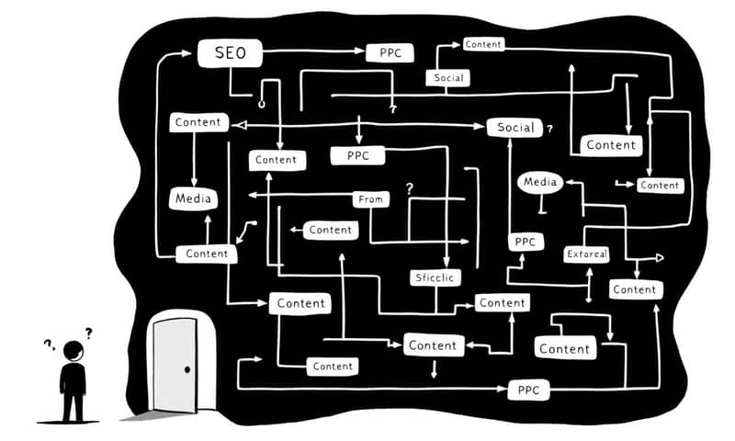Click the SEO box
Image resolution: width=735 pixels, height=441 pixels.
pos(230,53)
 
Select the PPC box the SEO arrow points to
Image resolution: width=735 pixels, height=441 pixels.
pos(390,52)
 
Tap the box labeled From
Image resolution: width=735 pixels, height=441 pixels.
pos(371,199)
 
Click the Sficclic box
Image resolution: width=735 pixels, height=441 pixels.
pos(435,277)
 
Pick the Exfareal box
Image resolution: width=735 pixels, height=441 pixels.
pos(587,254)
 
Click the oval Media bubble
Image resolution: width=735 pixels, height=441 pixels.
pos(538,182)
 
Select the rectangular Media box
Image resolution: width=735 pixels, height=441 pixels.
pos(194,198)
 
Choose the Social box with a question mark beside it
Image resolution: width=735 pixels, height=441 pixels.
pos(514,128)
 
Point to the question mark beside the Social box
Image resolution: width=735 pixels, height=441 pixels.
pos(549,130)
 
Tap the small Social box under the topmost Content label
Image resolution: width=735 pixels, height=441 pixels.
pos(449,78)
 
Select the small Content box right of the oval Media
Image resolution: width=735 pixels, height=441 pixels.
pos(659,185)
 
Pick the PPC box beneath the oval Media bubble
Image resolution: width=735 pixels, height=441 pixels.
pos(525,242)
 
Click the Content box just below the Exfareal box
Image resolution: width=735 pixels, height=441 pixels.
pos(634,289)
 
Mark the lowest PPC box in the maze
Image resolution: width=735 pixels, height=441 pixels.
pos(527,390)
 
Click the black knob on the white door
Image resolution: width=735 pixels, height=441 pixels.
pos(187,369)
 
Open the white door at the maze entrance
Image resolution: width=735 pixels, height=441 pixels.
pos(175,364)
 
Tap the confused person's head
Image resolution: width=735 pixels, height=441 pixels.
pos(73,350)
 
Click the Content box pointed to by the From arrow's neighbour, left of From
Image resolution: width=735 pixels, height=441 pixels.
pos(330,230)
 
